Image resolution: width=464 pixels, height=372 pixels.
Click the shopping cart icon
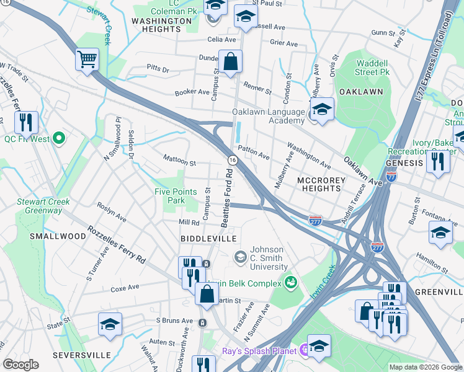tap(87, 60)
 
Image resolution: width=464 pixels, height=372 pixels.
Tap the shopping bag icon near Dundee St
tap(230, 62)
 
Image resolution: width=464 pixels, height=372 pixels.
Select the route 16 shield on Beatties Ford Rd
tap(232, 160)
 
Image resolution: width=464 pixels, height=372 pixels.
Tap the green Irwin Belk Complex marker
tap(290, 283)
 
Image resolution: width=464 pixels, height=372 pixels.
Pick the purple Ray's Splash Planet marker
tap(304, 351)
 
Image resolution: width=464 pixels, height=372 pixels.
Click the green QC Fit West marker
tap(59, 138)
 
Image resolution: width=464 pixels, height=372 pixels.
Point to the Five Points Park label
tap(170, 196)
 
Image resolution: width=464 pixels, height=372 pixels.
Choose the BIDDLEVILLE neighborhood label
tap(208, 239)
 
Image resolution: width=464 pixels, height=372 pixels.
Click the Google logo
tap(21, 365)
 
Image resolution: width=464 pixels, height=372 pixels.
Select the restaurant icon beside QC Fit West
tap(26, 123)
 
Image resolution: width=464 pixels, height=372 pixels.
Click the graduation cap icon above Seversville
tap(110, 324)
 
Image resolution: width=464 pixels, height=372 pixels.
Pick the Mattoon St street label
tap(179, 163)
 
